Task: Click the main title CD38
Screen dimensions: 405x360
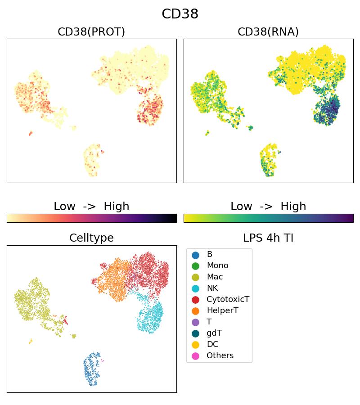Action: (x=180, y=14)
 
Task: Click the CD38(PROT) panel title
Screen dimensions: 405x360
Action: (x=91, y=32)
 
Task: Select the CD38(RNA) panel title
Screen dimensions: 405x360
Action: (x=268, y=32)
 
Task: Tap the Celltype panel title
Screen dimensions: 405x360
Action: (x=91, y=238)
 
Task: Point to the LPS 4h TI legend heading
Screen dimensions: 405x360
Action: (x=268, y=238)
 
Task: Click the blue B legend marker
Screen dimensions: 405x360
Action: (x=195, y=255)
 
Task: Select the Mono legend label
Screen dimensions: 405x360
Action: (x=217, y=266)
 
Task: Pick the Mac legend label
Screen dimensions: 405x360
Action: (x=215, y=277)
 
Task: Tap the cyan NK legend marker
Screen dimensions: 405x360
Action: (x=195, y=288)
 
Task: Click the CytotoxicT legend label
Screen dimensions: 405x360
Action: (x=228, y=300)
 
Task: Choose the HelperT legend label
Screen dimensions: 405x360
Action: (x=222, y=311)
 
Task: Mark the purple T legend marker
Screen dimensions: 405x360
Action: (x=195, y=322)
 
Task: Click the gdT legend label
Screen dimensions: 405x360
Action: (x=214, y=333)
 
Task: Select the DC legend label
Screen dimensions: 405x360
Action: (x=212, y=345)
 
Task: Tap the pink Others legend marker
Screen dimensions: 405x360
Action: (x=195, y=356)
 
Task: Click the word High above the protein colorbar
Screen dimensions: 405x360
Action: (x=117, y=207)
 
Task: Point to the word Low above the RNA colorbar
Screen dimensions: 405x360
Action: (x=241, y=207)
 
